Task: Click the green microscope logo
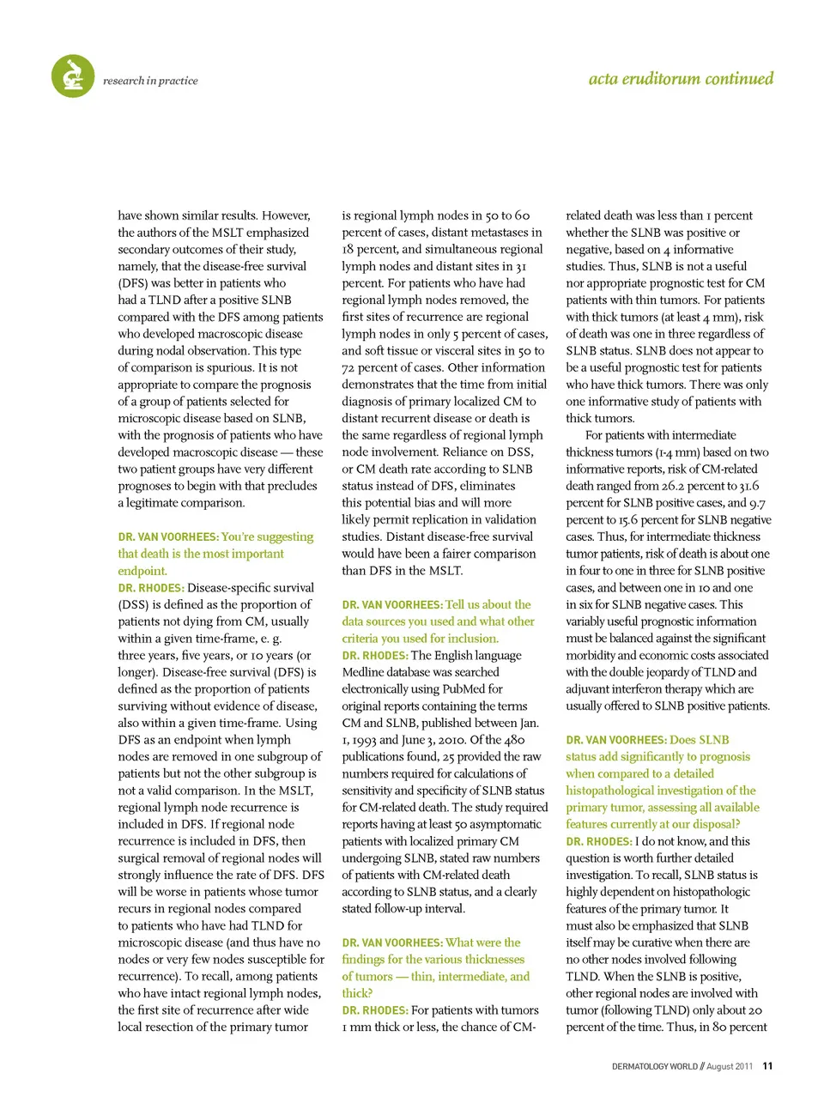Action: tap(73, 76)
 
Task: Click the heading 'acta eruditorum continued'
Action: tap(681, 79)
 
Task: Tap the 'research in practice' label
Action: tap(150, 81)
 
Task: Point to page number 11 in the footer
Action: tap(767, 1066)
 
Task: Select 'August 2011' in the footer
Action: tap(730, 1066)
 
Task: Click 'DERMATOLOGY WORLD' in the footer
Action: tap(654, 1066)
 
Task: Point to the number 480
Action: tap(514, 740)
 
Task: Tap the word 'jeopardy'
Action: tap(666, 672)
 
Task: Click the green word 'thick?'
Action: tap(357, 993)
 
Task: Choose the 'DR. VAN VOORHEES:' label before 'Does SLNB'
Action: tap(615, 740)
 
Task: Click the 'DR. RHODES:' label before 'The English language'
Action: tap(374, 656)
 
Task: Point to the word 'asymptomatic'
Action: tap(505, 824)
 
